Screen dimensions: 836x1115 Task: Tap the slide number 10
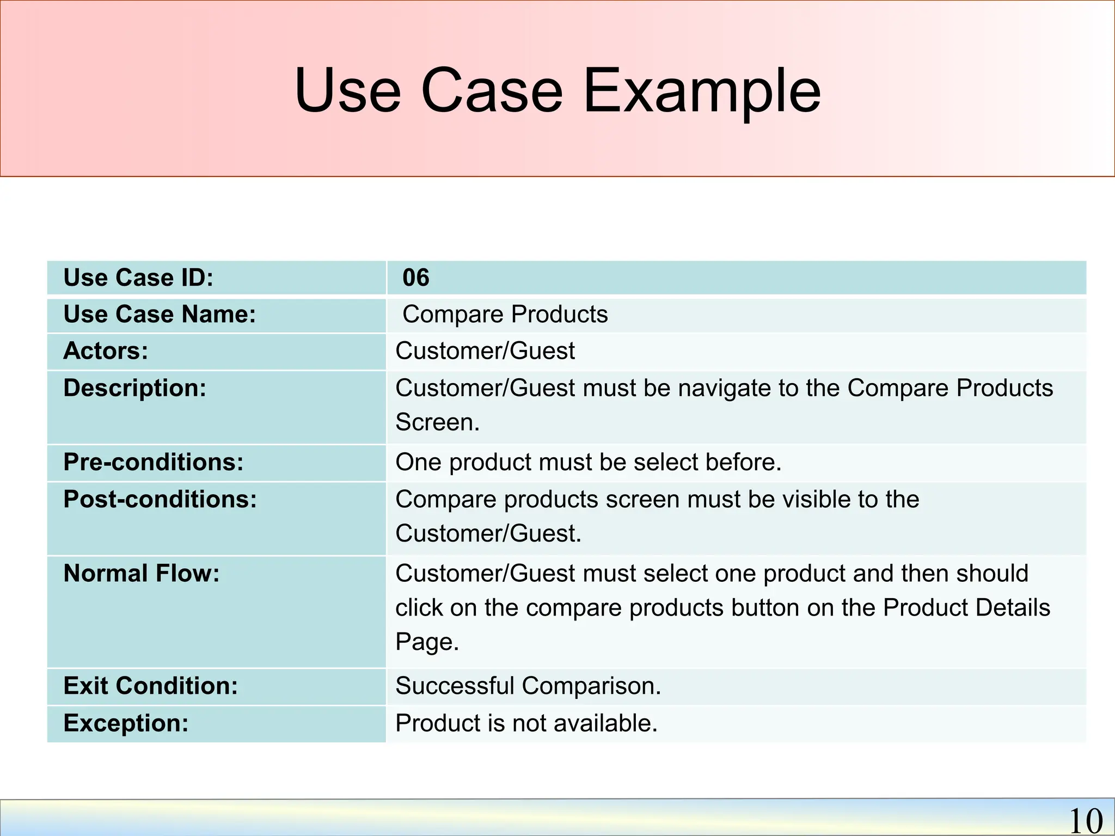tap(1086, 820)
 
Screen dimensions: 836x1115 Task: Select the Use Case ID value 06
tap(415, 278)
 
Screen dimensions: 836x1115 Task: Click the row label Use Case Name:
tap(160, 315)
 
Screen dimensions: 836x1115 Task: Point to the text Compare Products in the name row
tap(505, 315)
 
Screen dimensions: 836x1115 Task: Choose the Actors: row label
tap(106, 351)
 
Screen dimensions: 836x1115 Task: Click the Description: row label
tap(134, 388)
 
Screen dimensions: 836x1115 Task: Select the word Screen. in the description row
tap(437, 422)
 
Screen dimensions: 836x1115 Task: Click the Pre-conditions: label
tap(153, 462)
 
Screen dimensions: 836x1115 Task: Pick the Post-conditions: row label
tap(160, 499)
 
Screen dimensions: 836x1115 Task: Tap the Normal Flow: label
tap(141, 574)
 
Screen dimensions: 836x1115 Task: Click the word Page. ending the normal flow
tap(427, 642)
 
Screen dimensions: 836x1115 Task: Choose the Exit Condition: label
tap(150, 686)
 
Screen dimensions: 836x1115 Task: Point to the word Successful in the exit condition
tap(455, 686)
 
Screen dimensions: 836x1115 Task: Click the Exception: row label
tap(126, 723)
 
